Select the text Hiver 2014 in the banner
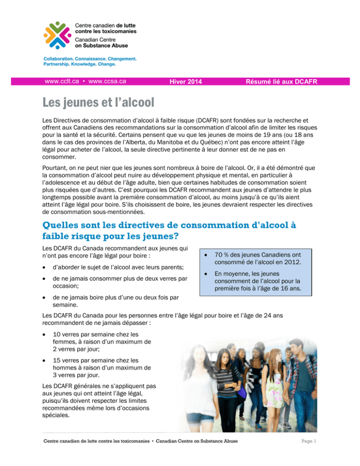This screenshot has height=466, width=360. [x=186, y=82]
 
